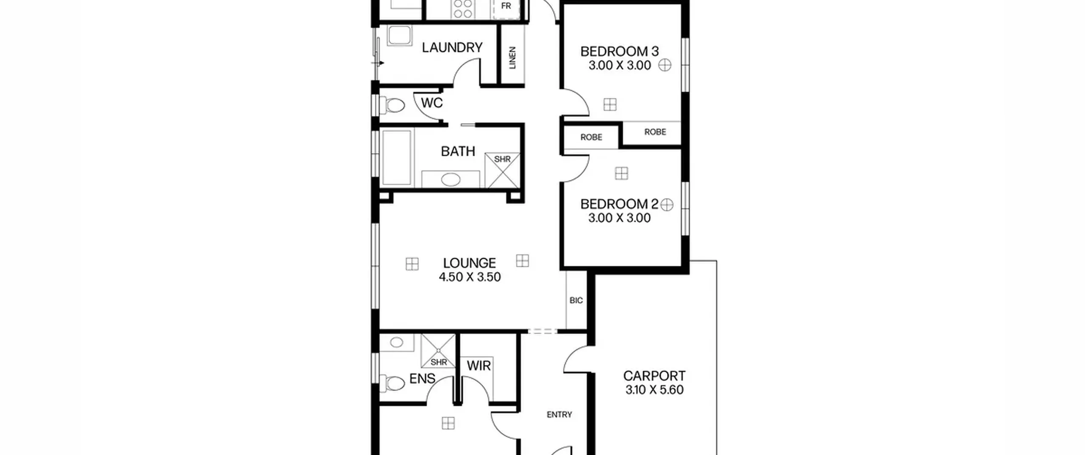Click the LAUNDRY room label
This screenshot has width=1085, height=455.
point(452,47)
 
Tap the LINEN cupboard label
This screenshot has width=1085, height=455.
point(512,58)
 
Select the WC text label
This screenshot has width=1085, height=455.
point(432,103)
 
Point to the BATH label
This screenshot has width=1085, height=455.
point(458,151)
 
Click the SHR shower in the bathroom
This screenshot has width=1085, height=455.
point(502,170)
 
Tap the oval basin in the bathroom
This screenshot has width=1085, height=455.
point(451,180)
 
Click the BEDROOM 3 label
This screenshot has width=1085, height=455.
point(619,52)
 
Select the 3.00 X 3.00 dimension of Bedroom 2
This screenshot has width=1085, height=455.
point(619,218)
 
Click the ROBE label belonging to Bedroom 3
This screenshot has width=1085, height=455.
point(655,132)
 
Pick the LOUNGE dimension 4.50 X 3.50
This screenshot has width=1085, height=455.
point(470,277)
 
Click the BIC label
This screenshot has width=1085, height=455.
point(576,301)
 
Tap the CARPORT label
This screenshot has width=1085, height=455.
point(654,376)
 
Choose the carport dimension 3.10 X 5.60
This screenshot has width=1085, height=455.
point(654,390)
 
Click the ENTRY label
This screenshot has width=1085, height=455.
point(559,415)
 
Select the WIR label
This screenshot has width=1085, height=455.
point(479,366)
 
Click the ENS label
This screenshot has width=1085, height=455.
point(422,379)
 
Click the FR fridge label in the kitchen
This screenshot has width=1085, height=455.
point(506,6)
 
